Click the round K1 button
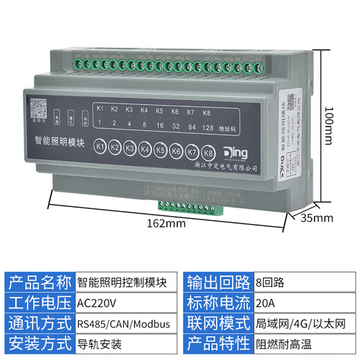coord(100,147)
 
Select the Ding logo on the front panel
coord(237,152)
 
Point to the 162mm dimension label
coord(166,224)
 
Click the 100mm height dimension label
coord(329,127)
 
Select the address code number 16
coord(160,127)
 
